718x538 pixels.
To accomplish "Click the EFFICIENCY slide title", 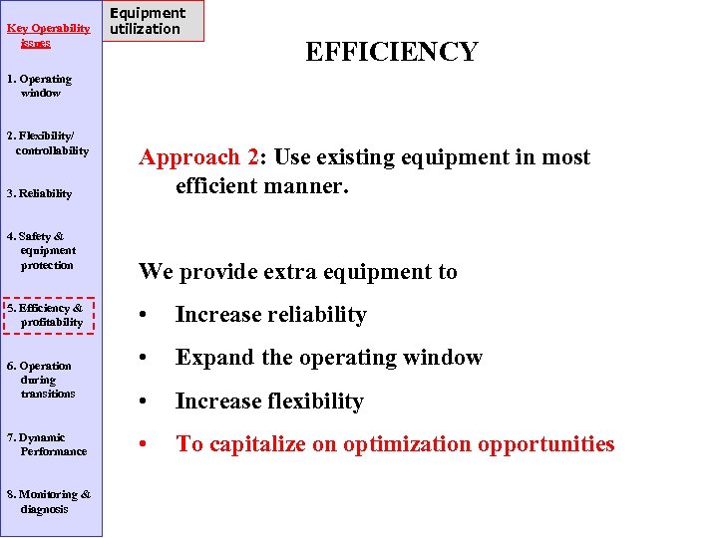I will (391, 52).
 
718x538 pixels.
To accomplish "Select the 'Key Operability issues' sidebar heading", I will (48, 36).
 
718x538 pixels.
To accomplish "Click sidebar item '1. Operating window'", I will (40, 86).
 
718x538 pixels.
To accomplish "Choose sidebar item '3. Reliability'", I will (40, 193).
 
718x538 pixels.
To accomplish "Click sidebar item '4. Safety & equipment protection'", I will (42, 251).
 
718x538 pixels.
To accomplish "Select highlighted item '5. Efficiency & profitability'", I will (47, 315).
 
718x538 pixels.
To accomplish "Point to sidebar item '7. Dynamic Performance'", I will (48, 444).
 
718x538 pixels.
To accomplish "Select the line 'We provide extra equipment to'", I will (298, 271).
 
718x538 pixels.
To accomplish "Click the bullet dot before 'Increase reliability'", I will (146, 316).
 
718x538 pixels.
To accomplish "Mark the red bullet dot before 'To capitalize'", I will (146, 444).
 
